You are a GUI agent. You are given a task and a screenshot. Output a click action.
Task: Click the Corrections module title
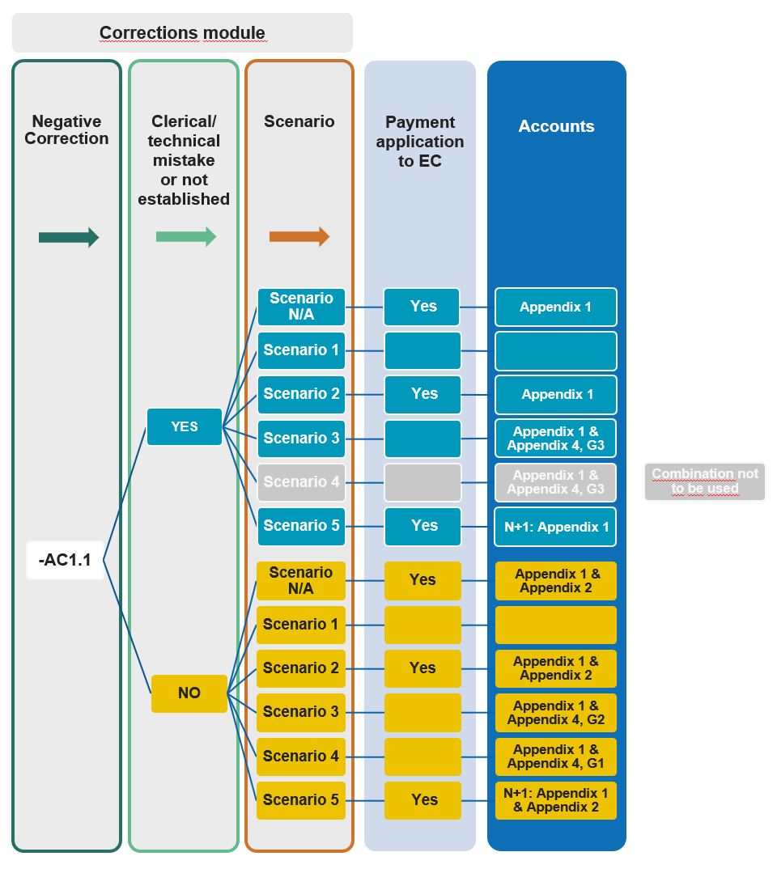182,33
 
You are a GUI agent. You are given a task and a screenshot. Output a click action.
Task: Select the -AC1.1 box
65,560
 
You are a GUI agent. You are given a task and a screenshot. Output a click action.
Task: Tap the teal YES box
184,426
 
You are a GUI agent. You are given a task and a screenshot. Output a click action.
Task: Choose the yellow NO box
189,693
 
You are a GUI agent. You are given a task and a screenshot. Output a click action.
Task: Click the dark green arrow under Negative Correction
69,237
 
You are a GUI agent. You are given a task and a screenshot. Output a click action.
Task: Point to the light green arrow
186,236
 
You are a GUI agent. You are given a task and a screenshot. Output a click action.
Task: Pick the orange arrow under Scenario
299,236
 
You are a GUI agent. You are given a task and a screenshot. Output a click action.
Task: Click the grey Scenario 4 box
301,482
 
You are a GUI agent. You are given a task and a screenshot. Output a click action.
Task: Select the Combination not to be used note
704,481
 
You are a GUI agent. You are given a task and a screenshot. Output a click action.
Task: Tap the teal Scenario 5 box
301,526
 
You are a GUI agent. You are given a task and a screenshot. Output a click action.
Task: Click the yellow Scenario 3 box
301,712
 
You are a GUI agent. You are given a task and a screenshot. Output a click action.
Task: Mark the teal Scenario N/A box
301,307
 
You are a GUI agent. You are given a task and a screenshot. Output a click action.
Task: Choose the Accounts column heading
556,126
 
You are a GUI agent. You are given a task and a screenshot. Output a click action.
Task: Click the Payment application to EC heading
420,141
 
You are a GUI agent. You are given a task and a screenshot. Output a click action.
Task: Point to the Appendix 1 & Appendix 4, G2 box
556,713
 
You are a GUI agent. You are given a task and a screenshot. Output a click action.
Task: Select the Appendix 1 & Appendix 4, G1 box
556,757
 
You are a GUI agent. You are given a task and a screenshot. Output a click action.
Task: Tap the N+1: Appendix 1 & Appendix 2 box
556,800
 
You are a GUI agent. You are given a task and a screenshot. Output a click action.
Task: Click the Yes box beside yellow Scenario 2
422,668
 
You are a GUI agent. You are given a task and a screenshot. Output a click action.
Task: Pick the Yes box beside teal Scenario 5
422,526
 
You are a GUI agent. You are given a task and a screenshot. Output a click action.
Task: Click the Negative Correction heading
66,129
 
